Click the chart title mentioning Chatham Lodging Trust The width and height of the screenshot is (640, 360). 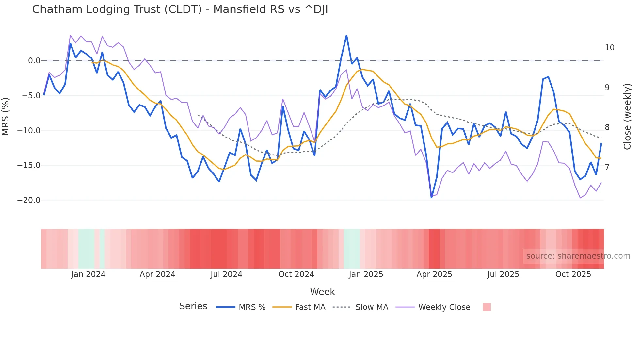click(x=180, y=9)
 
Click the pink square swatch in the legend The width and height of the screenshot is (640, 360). click(x=487, y=307)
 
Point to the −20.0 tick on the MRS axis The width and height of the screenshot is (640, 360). click(x=29, y=200)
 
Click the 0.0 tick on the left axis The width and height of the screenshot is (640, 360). click(x=34, y=61)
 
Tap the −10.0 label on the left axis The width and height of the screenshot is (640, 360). click(x=29, y=131)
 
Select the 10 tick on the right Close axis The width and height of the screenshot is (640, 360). click(x=609, y=48)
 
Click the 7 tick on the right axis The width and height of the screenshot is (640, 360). click(x=607, y=167)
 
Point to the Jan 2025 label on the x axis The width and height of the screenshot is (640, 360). click(x=366, y=274)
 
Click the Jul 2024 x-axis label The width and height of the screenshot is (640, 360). click(x=226, y=274)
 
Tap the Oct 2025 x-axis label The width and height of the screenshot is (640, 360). click(x=573, y=274)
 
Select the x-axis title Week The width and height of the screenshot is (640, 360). click(x=322, y=292)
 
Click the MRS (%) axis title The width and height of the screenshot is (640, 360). click(x=6, y=117)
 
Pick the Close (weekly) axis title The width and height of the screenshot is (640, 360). click(x=627, y=117)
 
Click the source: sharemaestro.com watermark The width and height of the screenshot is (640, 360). click(x=578, y=256)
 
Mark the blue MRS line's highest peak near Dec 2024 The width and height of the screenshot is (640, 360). click(x=346, y=36)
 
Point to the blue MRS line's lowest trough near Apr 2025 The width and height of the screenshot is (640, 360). click(x=431, y=197)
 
